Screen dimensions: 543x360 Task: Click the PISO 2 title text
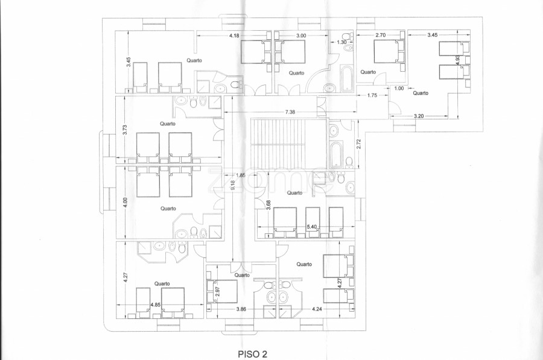pyautogui.click(x=252, y=354)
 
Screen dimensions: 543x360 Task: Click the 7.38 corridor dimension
pyautogui.click(x=290, y=112)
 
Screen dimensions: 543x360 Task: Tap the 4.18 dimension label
pyautogui.click(x=235, y=36)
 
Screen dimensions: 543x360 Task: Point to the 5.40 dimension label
pyautogui.click(x=312, y=227)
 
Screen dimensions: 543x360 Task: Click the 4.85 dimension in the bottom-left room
pyautogui.click(x=156, y=305)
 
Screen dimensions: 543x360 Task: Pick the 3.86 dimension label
pyautogui.click(x=241, y=309)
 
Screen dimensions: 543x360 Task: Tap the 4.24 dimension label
pyautogui.click(x=317, y=309)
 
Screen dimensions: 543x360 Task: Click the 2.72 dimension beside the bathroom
pyautogui.click(x=359, y=144)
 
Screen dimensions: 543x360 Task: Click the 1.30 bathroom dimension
pyautogui.click(x=341, y=42)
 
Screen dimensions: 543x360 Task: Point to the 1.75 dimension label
pyautogui.click(x=372, y=95)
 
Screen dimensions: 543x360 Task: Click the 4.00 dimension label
pyautogui.click(x=125, y=203)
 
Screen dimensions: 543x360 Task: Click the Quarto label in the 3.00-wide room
pyautogui.click(x=296, y=73)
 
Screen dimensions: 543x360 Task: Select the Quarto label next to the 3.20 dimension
pyautogui.click(x=421, y=93)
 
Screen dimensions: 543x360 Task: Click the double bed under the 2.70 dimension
pyautogui.click(x=389, y=51)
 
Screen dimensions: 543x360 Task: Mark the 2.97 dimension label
pyautogui.click(x=218, y=292)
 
